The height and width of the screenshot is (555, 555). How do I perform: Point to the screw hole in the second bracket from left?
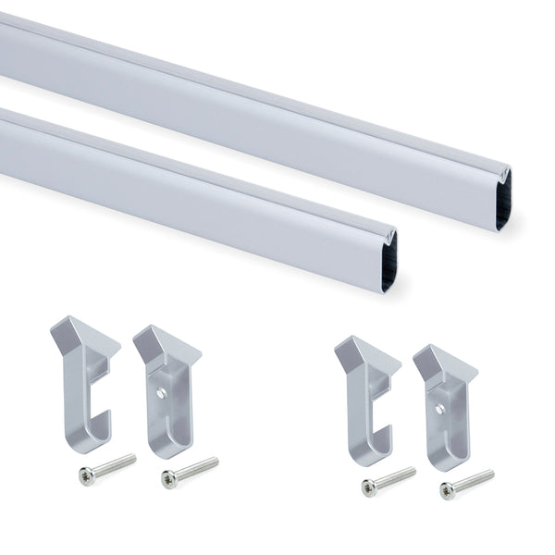[x=161, y=393]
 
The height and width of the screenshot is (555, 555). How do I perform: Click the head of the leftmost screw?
[x=86, y=475]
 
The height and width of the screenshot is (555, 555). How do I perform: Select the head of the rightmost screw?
[x=447, y=490]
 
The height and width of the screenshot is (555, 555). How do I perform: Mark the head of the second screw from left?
[x=168, y=478]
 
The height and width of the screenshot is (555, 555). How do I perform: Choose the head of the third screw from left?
[x=368, y=487]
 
